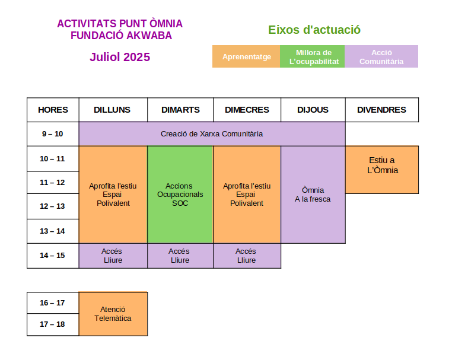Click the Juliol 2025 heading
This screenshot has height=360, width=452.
click(120, 57)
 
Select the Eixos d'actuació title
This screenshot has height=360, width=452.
click(314, 30)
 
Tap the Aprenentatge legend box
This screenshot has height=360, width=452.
click(246, 56)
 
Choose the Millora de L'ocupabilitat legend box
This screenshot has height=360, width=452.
click(312, 56)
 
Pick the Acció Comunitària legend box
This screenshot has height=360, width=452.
click(381, 56)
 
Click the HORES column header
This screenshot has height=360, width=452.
click(53, 110)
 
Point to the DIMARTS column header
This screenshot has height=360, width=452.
click(180, 110)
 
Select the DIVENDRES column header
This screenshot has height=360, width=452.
click(382, 110)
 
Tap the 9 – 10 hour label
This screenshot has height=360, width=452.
click(52, 134)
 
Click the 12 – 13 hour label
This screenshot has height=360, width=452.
click(52, 206)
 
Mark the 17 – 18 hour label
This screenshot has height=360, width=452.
click(52, 324)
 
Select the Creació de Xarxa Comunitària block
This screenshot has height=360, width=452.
click(212, 134)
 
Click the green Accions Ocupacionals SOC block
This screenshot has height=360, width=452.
click(180, 195)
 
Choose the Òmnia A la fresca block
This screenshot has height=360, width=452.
click(313, 195)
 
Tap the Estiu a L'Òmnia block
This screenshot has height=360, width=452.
click(382, 170)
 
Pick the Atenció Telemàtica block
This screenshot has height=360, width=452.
click(113, 314)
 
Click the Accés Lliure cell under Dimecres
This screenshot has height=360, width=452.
click(247, 256)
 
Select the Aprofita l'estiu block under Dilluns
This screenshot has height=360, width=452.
click(113, 195)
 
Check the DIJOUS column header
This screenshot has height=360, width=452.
click(313, 110)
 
